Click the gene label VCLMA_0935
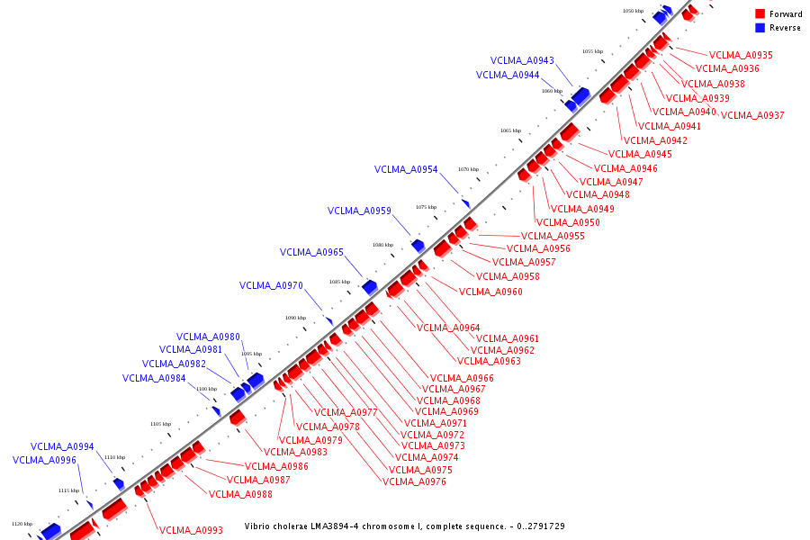pyautogui.click(x=741, y=55)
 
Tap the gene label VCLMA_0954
pyautogui.click(x=406, y=170)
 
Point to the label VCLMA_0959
pyautogui.click(x=359, y=211)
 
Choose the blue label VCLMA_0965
pyautogui.click(x=311, y=253)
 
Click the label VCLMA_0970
pyautogui.click(x=271, y=286)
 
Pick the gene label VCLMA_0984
pyautogui.click(x=154, y=379)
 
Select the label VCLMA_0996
pyautogui.click(x=44, y=461)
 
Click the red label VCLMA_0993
pyautogui.click(x=191, y=531)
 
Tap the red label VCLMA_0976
pyautogui.click(x=414, y=482)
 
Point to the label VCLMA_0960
pyautogui.click(x=490, y=292)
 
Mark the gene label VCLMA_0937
pyautogui.click(x=752, y=116)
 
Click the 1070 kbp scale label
pyautogui.click(x=468, y=169)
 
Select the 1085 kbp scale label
pyautogui.click(x=339, y=282)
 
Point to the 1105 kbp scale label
pyautogui.click(x=160, y=424)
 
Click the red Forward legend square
pyautogui.click(x=760, y=14)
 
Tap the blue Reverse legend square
pyautogui.click(x=760, y=28)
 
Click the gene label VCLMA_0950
pyautogui.click(x=568, y=223)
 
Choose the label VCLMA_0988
pyautogui.click(x=240, y=494)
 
